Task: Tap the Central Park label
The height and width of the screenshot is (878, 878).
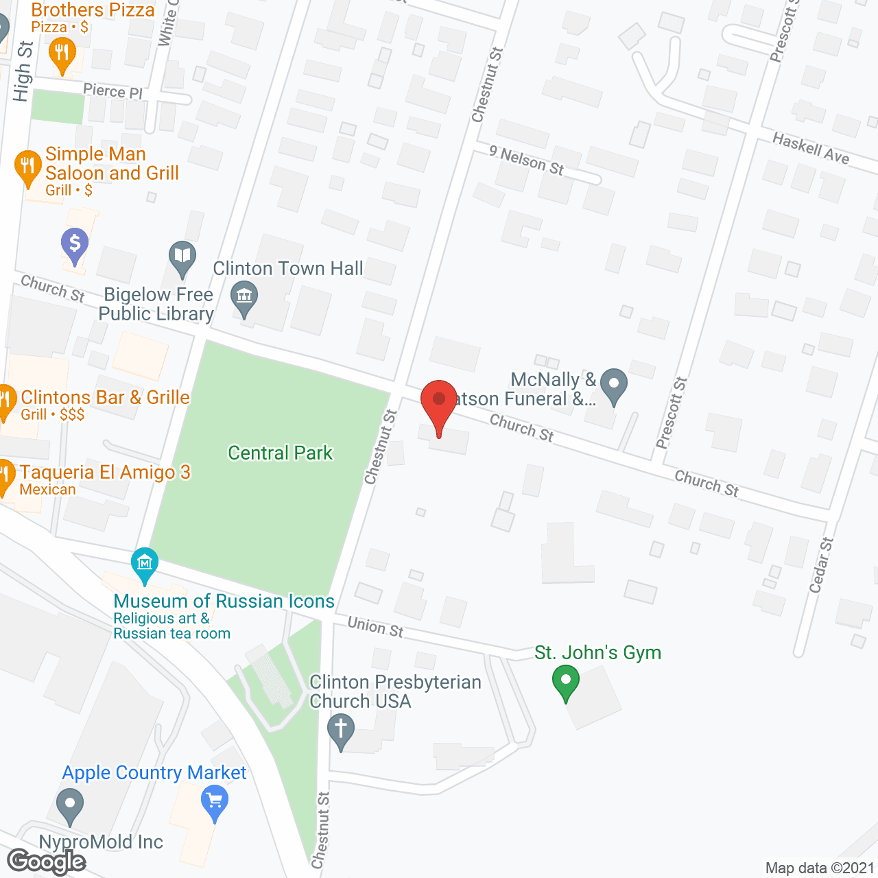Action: (280, 453)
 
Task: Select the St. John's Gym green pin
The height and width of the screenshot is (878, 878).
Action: (566, 682)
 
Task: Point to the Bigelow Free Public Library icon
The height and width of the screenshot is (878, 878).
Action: (182, 258)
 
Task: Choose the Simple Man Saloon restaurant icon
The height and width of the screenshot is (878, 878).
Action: (27, 167)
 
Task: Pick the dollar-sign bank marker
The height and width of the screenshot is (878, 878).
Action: (75, 244)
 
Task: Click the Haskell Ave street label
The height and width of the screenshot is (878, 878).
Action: (811, 148)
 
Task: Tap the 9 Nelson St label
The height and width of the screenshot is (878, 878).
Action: (526, 161)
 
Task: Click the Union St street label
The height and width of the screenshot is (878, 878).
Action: (375, 627)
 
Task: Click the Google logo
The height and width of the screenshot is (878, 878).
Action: (46, 862)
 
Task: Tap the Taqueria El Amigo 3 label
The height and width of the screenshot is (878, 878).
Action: (105, 473)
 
